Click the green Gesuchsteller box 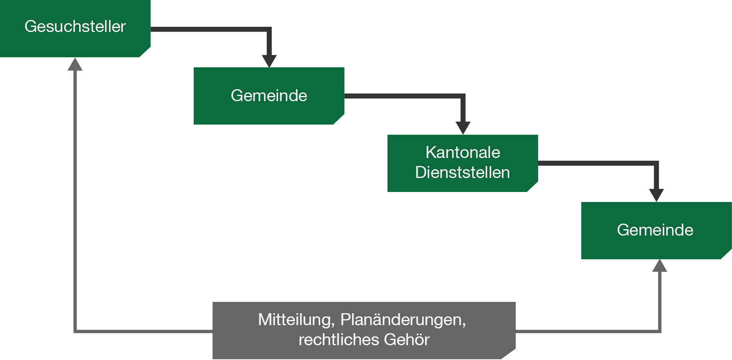75,28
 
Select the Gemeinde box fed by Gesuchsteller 269,96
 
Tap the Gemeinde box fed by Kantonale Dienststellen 656,230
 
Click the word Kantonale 463,152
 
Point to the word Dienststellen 463,172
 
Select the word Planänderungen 403,320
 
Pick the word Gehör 406,340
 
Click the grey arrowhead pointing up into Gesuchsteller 75,65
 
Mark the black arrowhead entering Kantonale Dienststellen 463,128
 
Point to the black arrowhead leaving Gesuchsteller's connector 269,61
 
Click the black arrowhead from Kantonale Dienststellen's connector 656,195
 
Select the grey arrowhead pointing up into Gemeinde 660,266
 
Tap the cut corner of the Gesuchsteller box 145,52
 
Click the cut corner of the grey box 509,354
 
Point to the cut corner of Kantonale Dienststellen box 533,187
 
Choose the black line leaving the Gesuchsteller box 208,29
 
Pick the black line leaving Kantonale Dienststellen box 596,163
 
